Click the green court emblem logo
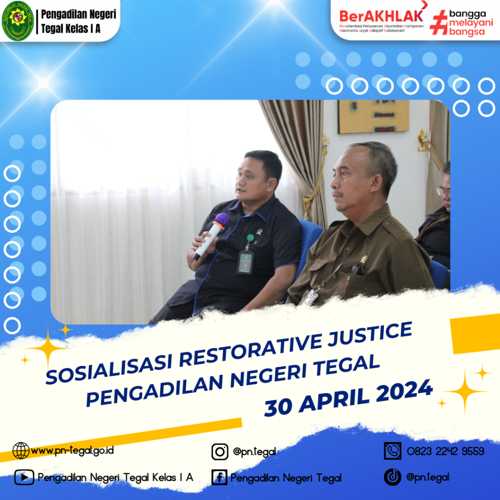[x=18, y=21]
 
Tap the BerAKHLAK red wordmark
[x=381, y=16]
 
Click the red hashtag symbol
[x=438, y=22]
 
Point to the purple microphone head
[x=222, y=220]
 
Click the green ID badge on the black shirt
[x=245, y=262]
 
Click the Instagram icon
[x=220, y=452]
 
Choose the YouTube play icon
[x=24, y=478]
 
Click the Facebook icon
[x=219, y=478]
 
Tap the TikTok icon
[x=393, y=477]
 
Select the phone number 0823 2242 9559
[x=445, y=451]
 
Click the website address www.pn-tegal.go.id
[x=72, y=450]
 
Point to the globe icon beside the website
[x=21, y=451]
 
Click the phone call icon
[x=393, y=451]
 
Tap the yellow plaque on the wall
[x=374, y=116]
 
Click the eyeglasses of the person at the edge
[x=443, y=191]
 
